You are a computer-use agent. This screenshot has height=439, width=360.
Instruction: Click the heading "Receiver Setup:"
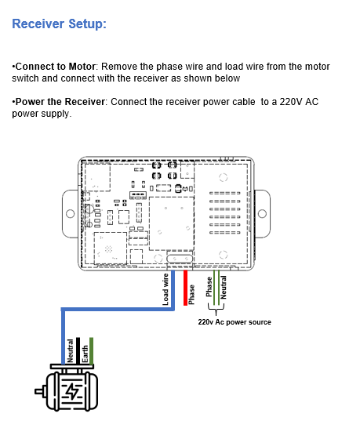click(59, 24)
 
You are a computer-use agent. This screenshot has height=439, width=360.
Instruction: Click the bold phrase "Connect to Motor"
click(56, 67)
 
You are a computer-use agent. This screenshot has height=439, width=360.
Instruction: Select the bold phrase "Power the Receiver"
click(60, 102)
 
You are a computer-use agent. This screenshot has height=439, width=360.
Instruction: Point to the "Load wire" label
click(165, 289)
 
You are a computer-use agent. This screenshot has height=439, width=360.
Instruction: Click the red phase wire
click(185, 288)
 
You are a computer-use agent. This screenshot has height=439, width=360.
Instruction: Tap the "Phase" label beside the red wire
click(191, 295)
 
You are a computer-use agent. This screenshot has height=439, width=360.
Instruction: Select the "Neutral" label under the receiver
click(223, 287)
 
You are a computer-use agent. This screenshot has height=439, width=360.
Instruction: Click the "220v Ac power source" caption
click(235, 322)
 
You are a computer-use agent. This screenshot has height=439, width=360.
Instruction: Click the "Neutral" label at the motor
click(70, 351)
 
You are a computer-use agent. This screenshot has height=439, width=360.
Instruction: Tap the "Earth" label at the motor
click(85, 354)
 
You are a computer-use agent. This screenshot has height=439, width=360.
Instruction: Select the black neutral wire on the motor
click(78, 351)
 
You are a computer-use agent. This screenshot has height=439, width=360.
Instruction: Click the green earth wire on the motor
click(91, 351)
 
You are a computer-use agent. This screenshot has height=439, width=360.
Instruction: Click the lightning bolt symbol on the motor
click(73, 391)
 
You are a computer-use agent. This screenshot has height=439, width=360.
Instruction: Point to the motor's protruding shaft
click(40, 391)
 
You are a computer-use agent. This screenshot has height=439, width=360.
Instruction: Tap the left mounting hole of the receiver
click(70, 214)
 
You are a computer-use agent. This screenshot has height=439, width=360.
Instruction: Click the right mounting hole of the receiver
click(262, 214)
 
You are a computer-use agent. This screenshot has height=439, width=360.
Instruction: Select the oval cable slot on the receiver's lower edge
click(180, 259)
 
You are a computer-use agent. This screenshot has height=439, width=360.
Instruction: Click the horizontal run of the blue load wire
click(118, 310)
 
